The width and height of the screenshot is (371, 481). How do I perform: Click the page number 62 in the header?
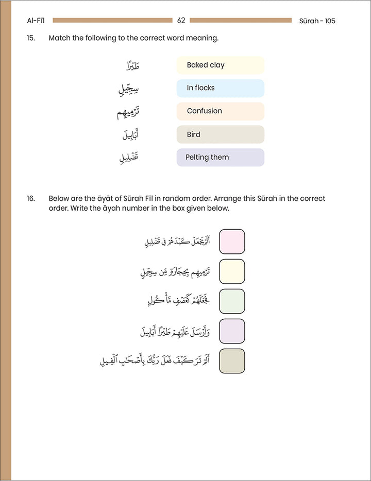click(x=181, y=21)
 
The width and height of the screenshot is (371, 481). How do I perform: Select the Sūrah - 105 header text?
click(x=317, y=21)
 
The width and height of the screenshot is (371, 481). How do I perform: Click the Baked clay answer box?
click(x=220, y=65)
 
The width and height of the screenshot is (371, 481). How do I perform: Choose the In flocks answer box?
click(x=220, y=88)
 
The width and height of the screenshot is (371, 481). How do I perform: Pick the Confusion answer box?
click(x=220, y=111)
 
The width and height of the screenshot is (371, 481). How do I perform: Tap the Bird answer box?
click(x=220, y=134)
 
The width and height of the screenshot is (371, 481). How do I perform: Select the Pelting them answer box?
click(x=220, y=158)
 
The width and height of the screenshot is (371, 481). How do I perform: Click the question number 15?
click(x=31, y=38)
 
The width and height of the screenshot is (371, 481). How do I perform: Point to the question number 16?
click(x=31, y=198)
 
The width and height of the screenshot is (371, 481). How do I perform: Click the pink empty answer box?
click(x=232, y=242)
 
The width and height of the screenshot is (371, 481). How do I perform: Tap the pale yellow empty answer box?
click(x=232, y=271)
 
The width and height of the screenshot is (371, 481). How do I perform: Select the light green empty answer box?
click(x=232, y=301)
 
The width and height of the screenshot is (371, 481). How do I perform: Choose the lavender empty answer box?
click(x=232, y=331)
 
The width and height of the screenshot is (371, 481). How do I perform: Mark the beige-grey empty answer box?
click(x=232, y=361)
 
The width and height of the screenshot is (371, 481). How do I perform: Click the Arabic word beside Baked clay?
click(x=132, y=66)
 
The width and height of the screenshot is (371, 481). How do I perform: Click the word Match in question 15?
click(x=59, y=38)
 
